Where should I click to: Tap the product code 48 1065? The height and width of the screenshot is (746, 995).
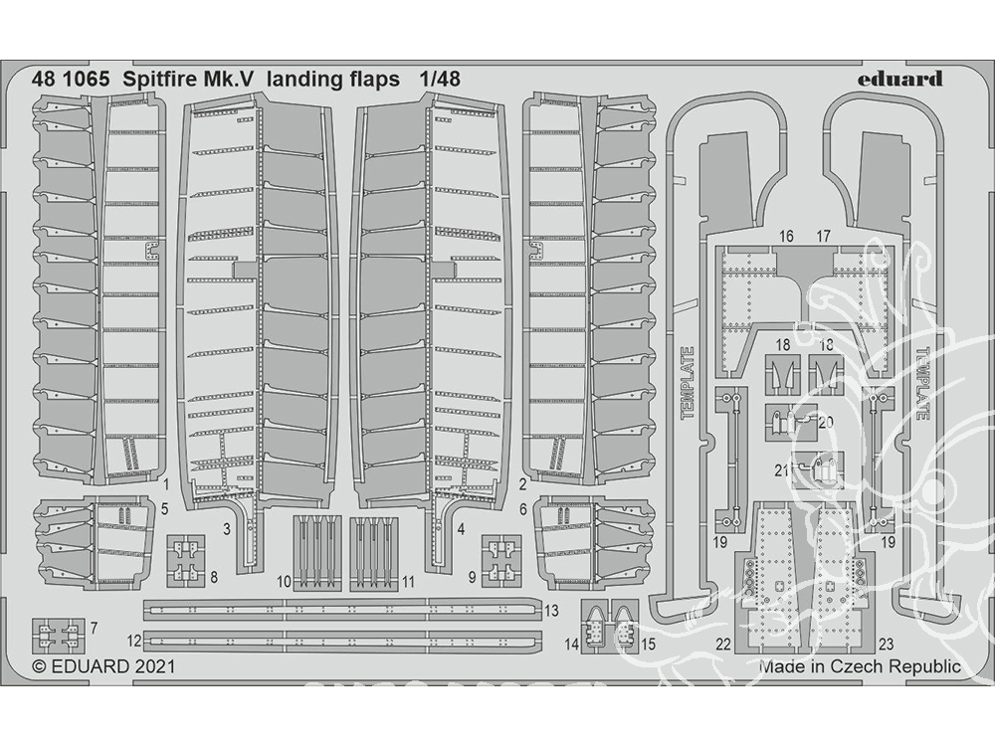tap(70, 79)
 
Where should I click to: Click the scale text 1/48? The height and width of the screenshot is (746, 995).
tap(439, 79)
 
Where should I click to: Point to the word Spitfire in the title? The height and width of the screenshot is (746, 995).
tap(159, 80)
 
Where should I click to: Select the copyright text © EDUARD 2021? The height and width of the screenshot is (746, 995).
tap(103, 666)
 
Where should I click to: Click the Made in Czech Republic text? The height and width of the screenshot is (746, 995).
tap(860, 666)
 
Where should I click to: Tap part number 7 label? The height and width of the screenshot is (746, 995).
tap(94, 628)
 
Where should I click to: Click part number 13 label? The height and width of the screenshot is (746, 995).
tap(551, 611)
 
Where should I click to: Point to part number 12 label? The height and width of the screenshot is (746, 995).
tap(134, 641)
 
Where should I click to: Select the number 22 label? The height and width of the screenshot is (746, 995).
tap(723, 645)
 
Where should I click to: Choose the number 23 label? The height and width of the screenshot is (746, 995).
tap(886, 645)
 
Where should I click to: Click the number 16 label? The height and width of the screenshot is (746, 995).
tap(786, 237)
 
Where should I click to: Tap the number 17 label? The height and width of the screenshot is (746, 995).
tap(823, 237)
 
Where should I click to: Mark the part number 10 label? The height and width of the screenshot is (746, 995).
tap(284, 581)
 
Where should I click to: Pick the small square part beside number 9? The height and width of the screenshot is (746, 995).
tap(501, 560)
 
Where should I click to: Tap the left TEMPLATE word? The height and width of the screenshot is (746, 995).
tap(687, 383)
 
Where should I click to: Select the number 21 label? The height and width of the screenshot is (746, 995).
tap(782, 470)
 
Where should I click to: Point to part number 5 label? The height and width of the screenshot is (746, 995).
tap(164, 508)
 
